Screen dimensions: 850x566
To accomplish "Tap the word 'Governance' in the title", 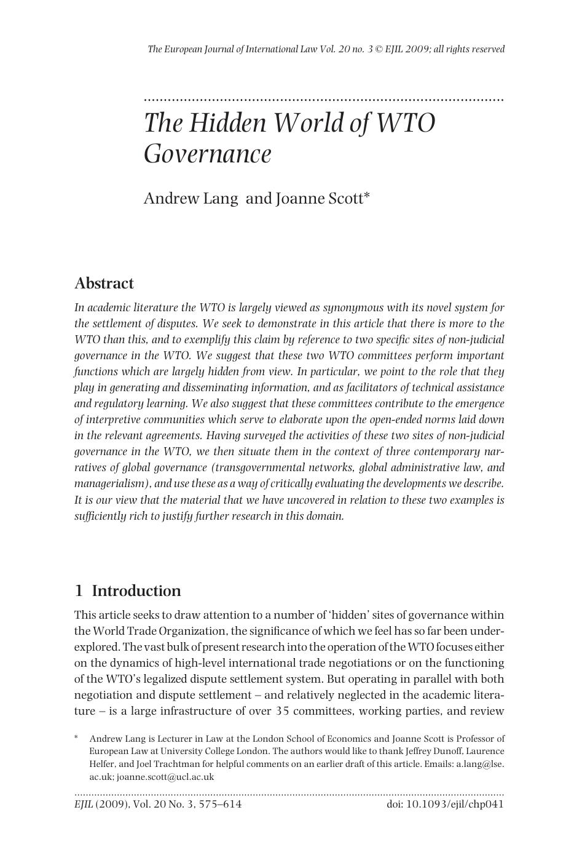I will coord(207,154).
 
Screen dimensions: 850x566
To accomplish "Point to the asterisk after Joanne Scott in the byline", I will coord(367,196).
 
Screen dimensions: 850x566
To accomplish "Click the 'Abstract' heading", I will coord(104,284).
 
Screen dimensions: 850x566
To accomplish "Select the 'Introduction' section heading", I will coord(136,591).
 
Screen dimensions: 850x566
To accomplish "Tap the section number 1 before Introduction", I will coord(79,591).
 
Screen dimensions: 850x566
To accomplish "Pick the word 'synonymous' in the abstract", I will coord(358,308).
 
